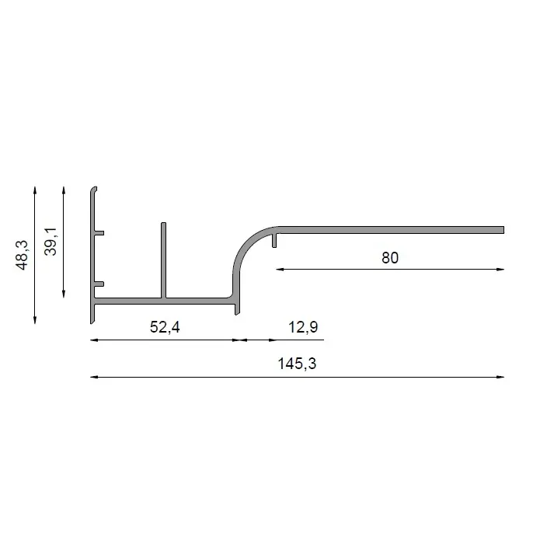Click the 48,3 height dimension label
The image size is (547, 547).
click(22, 255)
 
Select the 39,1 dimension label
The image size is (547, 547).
click(51, 242)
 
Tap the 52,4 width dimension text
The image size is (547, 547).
click(165, 327)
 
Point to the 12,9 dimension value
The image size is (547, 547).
click(303, 327)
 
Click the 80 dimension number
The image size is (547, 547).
click(390, 258)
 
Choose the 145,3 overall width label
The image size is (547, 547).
click(297, 364)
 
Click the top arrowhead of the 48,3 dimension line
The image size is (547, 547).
click(35, 190)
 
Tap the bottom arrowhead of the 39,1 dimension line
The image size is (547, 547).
click(64, 294)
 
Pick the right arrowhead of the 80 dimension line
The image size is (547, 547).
click(500, 270)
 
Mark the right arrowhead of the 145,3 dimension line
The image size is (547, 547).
click(500, 377)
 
